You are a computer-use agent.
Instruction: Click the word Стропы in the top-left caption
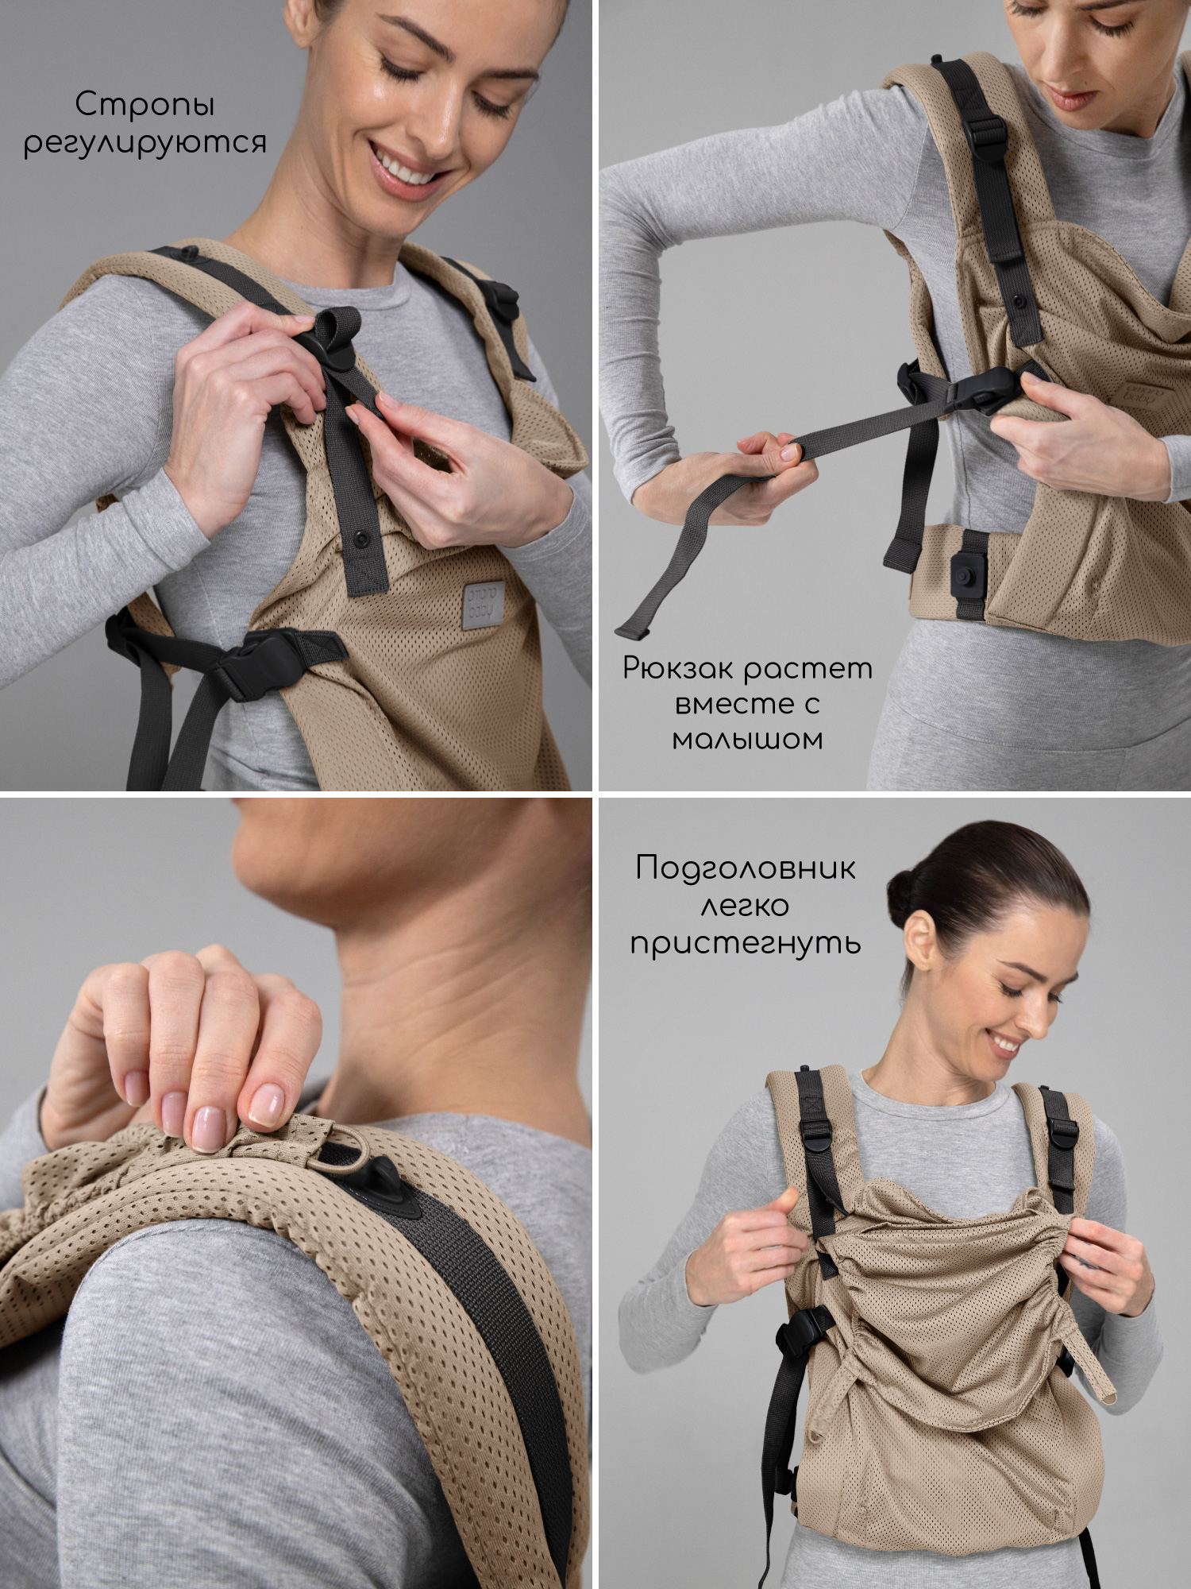pos(145,105)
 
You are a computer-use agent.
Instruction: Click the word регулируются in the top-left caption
pos(145,143)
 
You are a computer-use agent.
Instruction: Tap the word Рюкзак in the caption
pos(676,669)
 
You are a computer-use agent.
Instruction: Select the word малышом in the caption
pos(747,740)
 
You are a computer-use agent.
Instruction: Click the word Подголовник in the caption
pos(746,868)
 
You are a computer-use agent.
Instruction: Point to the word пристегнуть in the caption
pos(746,943)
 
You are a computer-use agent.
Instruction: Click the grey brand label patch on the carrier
pos(483,604)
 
